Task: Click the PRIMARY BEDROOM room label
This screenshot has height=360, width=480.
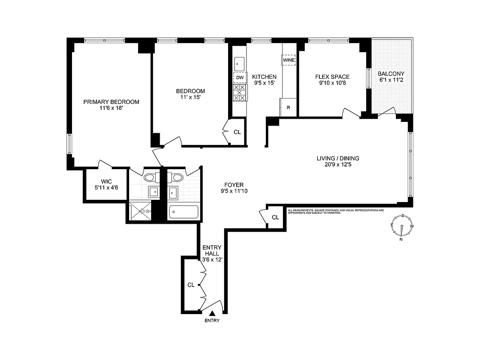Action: pos(111,102)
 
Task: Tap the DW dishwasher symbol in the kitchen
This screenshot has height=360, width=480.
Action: pos(240,78)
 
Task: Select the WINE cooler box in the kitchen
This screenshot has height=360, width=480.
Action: pos(288,59)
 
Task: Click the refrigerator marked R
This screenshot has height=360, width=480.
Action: pos(288,108)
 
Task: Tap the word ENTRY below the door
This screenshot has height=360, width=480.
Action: pos(212,321)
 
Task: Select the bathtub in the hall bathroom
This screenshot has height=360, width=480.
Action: pos(183,212)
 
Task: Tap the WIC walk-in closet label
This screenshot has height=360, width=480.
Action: pos(106,182)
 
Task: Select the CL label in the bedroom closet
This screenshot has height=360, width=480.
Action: pos(237,132)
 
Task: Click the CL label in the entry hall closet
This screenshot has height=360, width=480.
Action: pos(191,285)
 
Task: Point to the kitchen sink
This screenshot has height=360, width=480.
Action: pos(240,63)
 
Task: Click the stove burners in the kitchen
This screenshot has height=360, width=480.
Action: pos(240,93)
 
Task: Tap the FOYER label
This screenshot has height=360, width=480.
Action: pos(234,185)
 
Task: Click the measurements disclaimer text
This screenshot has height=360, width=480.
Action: pos(336,211)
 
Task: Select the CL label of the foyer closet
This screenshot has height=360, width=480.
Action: pos(275,217)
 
